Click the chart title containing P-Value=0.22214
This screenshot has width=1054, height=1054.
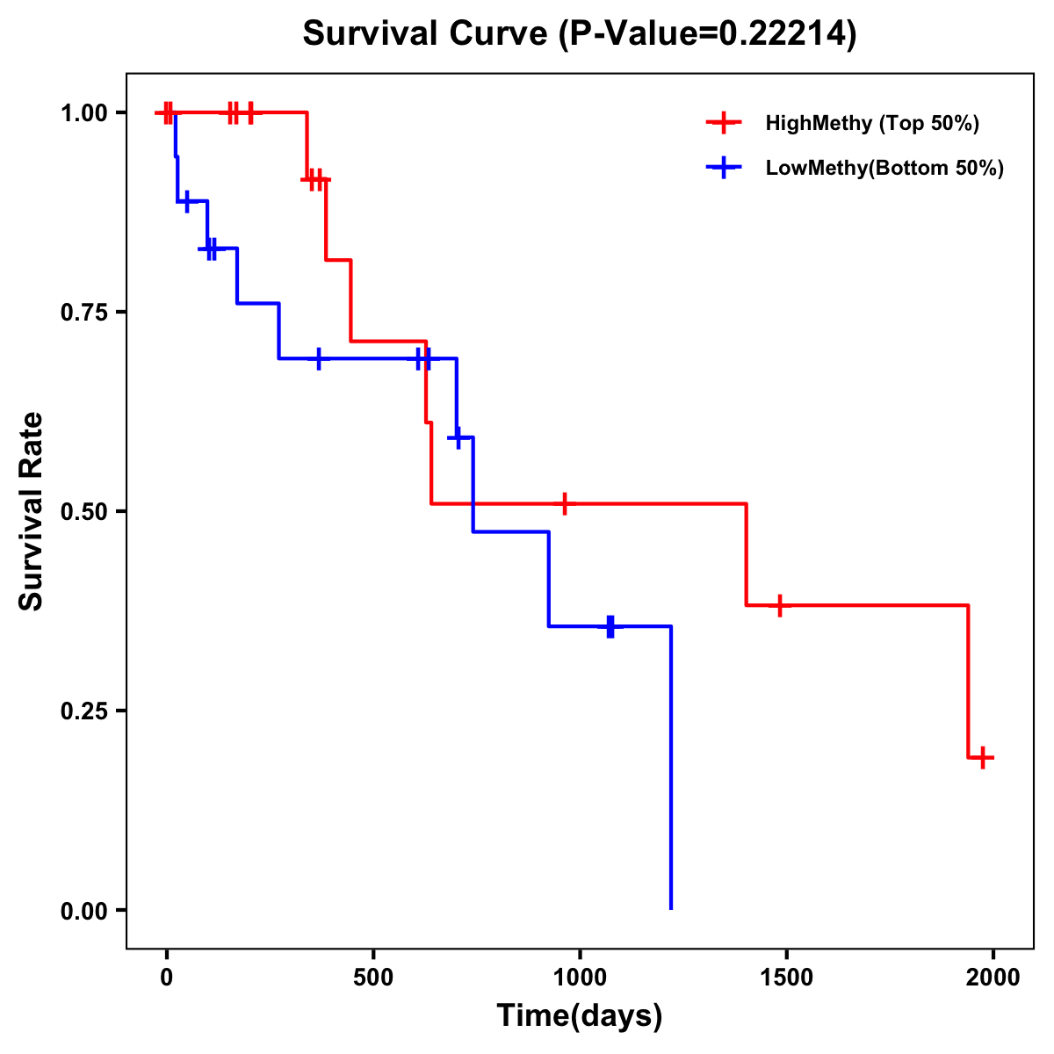pyautogui.click(x=579, y=34)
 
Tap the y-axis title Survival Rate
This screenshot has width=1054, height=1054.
pyautogui.click(x=32, y=510)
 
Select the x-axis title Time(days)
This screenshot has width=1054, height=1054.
pyautogui.click(x=580, y=1016)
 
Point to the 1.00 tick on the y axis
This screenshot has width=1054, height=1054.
pyautogui.click(x=84, y=112)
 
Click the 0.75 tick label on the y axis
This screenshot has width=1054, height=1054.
pyautogui.click(x=84, y=312)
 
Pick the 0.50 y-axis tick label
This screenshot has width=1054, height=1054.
pyautogui.click(x=84, y=511)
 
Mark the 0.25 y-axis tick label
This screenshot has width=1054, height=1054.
pyautogui.click(x=84, y=711)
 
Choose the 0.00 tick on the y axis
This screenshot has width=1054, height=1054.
pyautogui.click(x=84, y=910)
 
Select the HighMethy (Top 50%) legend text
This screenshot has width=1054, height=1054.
pyautogui.click(x=872, y=123)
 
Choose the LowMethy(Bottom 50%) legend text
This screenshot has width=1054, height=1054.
pyautogui.click(x=884, y=169)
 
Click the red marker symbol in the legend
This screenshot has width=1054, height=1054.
pyautogui.click(x=724, y=123)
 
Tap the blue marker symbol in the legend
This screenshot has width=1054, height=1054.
pyautogui.click(x=724, y=169)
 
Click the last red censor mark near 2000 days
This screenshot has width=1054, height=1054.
pyautogui.click(x=983, y=757)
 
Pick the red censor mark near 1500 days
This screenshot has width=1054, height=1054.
pyautogui.click(x=779, y=605)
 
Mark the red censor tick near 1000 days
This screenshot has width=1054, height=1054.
pyautogui.click(x=565, y=503)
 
